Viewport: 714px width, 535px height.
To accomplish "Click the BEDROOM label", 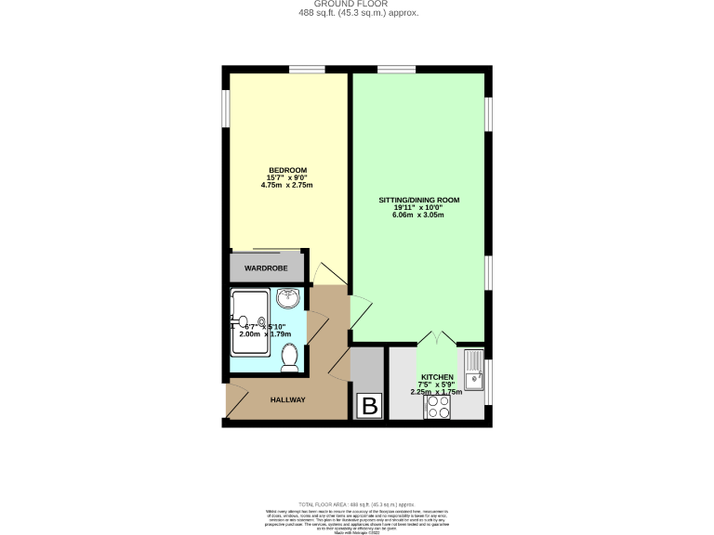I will pos(287,169).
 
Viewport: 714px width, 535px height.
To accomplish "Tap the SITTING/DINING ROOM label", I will pos(418,200).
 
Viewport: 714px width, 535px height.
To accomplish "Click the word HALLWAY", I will pos(287,399).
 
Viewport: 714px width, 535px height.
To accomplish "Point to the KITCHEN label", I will pos(436,377).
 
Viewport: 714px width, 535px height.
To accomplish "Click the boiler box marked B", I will pos(369,406).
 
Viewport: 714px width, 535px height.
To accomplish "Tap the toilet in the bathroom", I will pos(289,357).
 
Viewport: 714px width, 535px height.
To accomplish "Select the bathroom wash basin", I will pos(290,299).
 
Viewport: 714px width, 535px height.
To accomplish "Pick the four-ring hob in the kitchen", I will pos(437,408).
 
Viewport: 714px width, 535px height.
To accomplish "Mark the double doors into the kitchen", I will pos(436,339).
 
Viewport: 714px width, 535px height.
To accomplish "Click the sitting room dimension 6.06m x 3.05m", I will pos(418,215).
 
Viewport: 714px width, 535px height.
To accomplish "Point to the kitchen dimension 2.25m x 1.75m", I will pos(436,392).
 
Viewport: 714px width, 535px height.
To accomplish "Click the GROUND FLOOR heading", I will pos(358,4).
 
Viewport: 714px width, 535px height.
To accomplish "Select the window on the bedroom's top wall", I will pos(306,69).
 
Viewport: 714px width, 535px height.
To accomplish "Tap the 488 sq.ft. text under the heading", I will pos(358,14).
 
